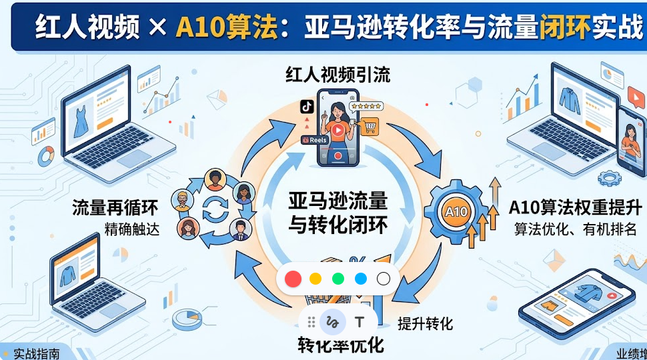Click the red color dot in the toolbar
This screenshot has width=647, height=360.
tap(293, 279)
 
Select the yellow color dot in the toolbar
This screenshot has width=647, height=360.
tap(315, 279)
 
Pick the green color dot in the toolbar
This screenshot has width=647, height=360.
tap(338, 279)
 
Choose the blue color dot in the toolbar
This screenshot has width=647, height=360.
tap(361, 279)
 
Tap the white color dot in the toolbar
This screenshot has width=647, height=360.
tap(384, 279)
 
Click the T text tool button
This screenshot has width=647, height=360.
tap(360, 322)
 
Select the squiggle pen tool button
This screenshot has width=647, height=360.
tap(332, 322)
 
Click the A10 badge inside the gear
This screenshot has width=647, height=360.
tap(456, 212)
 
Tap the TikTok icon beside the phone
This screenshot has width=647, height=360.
tap(307, 107)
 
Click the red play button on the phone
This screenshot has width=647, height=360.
tap(338, 130)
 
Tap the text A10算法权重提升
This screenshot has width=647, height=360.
tap(576, 207)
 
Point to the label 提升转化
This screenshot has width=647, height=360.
tap(425, 324)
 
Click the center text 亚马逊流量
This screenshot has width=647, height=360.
tap(338, 201)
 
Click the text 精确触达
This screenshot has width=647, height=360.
tap(132, 229)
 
